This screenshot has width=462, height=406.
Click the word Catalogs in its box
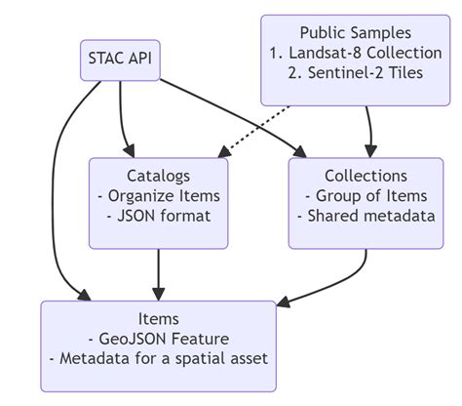(x=157, y=177)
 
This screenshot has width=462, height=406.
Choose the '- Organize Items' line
(x=157, y=195)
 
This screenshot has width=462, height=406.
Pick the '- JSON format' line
(x=157, y=216)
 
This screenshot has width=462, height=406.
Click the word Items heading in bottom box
(x=158, y=319)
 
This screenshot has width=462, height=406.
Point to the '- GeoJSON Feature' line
(x=158, y=339)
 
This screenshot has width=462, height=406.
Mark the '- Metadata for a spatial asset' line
(x=158, y=359)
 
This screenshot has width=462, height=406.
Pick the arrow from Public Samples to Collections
(x=368, y=127)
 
